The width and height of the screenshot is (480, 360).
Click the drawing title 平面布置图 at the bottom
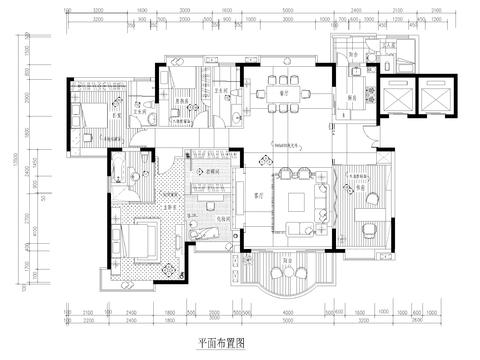[221, 341]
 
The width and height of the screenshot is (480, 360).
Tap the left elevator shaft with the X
[396, 98]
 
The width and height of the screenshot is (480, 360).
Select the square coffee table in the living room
[297, 198]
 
